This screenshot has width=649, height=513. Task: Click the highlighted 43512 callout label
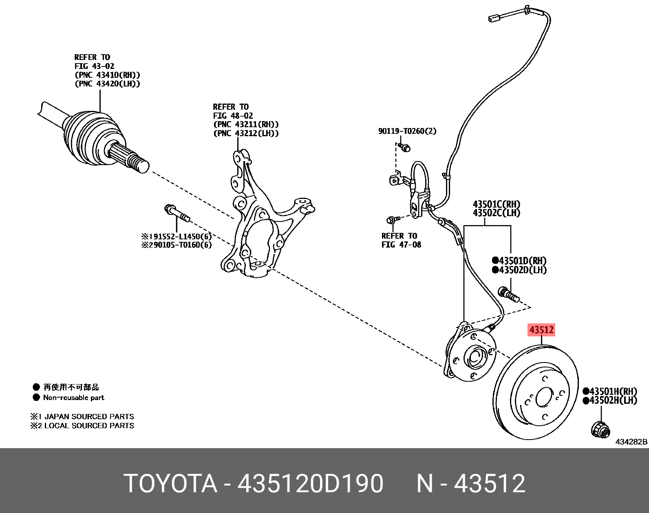tap(541, 329)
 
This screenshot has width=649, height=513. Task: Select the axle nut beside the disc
tap(600, 429)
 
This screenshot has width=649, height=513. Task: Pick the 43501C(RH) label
tap(496, 204)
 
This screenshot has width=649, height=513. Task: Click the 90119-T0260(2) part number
tap(407, 131)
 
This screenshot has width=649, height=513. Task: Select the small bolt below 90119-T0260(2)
tap(404, 147)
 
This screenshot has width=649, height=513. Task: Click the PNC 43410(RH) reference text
tap(107, 75)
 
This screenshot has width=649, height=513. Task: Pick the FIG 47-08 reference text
tap(401, 245)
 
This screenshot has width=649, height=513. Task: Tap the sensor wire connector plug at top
tap(495, 18)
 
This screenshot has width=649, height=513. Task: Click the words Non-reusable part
tap(74, 398)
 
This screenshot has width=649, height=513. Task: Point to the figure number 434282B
tap(631, 442)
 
